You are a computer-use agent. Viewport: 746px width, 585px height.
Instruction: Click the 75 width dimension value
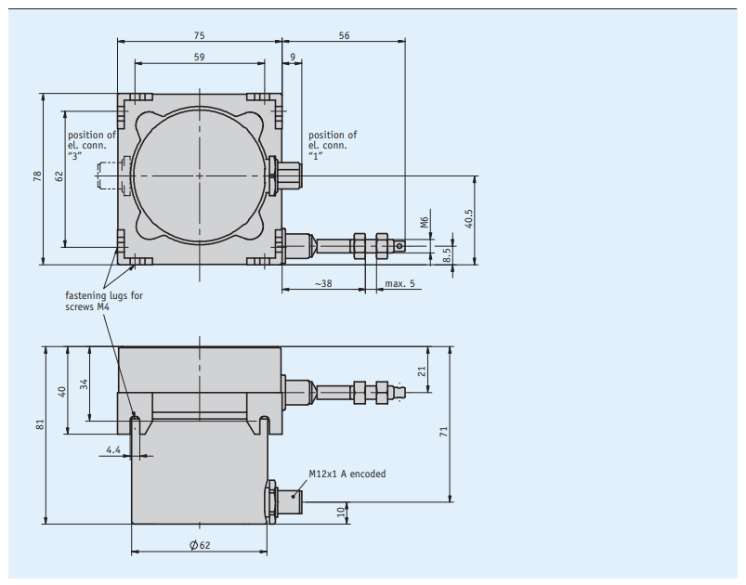tap(199, 35)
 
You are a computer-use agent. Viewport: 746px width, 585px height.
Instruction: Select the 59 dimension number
tap(199, 57)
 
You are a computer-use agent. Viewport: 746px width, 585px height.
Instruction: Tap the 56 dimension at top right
tap(344, 35)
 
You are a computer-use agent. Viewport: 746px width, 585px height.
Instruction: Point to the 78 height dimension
tap(37, 176)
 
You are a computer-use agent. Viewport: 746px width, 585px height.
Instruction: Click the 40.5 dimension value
tap(468, 219)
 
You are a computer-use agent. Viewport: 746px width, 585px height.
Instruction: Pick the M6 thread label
tap(425, 222)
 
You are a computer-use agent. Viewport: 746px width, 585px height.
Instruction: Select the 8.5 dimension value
tap(446, 255)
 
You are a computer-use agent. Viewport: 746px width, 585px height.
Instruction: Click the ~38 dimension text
tap(323, 283)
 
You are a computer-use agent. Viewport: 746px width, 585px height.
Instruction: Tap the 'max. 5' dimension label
tap(399, 283)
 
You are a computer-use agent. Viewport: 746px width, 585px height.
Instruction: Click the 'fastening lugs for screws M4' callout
tap(104, 301)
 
